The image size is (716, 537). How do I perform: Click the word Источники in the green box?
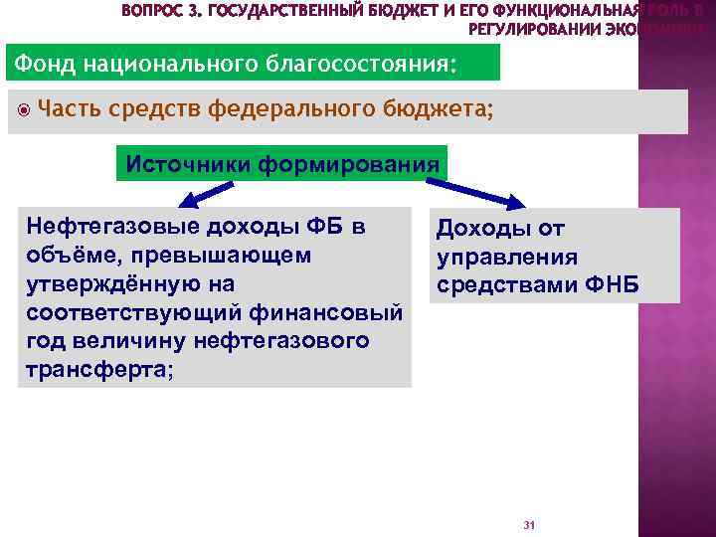pos(189,163)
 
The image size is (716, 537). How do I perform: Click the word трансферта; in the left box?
pos(100,369)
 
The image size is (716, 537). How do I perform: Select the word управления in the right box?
pos(507,258)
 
